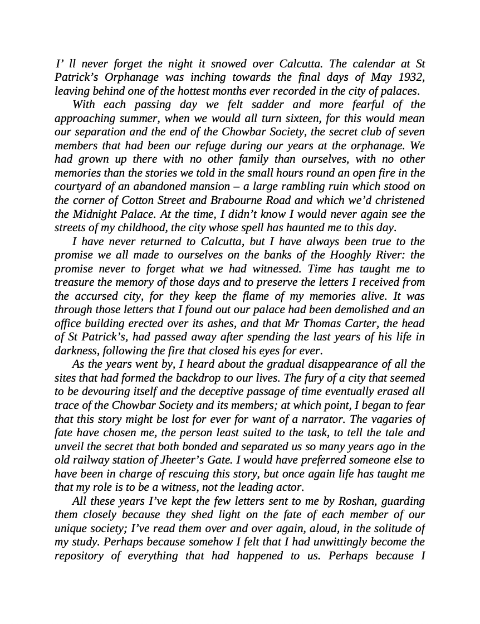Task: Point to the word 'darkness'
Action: [x=76, y=351]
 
